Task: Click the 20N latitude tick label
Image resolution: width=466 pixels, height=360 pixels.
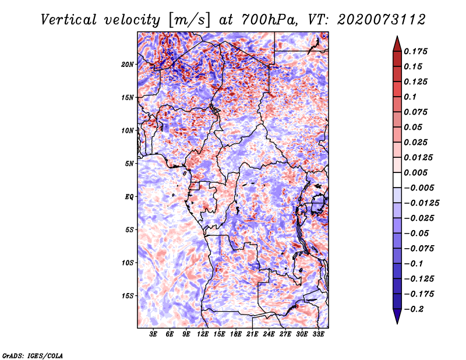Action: (x=128, y=64)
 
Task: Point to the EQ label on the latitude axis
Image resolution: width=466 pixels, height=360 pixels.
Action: (x=129, y=197)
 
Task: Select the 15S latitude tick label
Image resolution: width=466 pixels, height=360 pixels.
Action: (x=128, y=296)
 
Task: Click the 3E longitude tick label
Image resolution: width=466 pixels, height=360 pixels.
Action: (x=154, y=334)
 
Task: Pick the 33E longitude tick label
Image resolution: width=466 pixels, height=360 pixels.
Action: (x=318, y=334)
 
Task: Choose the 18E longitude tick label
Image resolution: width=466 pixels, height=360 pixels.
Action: (x=236, y=334)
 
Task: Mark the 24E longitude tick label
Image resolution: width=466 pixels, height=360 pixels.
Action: (x=269, y=334)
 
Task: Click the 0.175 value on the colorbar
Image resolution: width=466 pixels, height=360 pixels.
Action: (x=417, y=51)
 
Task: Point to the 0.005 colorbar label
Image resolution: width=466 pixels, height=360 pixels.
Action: (x=417, y=173)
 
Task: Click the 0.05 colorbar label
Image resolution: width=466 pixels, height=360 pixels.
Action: (x=414, y=127)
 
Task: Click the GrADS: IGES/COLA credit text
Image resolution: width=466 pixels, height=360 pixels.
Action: (x=33, y=355)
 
